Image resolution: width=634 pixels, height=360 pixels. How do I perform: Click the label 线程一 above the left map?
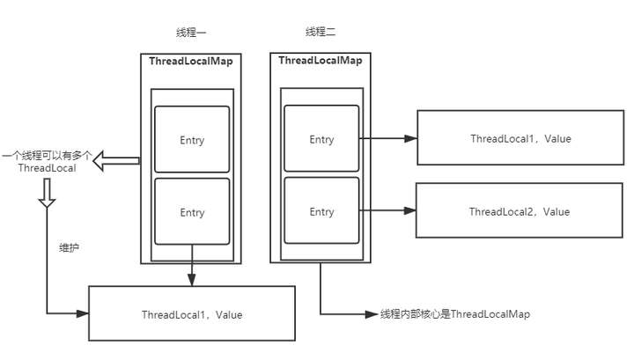click(191, 33)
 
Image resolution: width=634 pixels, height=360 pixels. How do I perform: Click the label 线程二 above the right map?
click(321, 33)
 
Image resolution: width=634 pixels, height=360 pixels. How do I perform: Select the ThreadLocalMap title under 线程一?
click(191, 62)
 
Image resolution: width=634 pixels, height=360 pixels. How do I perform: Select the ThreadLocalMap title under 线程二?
click(321, 61)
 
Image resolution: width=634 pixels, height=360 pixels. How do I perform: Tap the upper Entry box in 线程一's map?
click(192, 140)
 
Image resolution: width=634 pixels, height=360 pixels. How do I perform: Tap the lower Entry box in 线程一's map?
click(192, 212)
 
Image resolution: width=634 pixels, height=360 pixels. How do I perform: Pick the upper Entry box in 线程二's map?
click(321, 139)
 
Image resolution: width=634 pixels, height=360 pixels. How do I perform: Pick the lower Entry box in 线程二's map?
click(321, 211)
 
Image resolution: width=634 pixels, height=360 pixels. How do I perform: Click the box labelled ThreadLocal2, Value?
click(519, 211)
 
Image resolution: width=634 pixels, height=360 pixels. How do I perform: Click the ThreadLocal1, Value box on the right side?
click(520, 139)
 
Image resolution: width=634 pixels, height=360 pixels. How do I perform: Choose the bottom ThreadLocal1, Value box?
click(192, 314)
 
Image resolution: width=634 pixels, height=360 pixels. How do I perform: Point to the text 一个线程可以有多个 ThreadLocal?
click(46, 161)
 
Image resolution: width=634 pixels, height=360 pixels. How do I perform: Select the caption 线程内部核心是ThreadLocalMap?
click(455, 314)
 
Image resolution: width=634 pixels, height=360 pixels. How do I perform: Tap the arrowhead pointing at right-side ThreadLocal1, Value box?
click(410, 139)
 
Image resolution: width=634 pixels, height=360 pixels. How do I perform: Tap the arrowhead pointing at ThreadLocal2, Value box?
click(409, 211)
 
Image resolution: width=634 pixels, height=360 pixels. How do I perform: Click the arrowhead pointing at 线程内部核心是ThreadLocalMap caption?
click(372, 314)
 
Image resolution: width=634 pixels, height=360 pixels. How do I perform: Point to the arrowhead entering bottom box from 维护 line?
click(83, 314)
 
